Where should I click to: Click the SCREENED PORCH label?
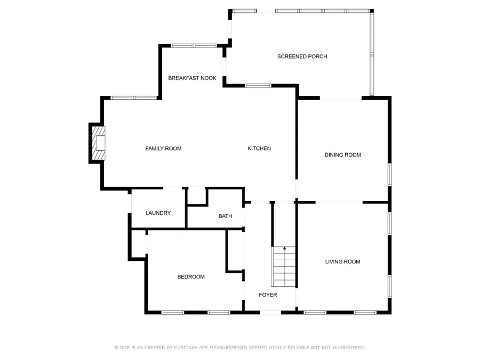(302, 57)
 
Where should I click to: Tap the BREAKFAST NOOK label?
(192, 78)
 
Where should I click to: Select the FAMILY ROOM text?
(163, 148)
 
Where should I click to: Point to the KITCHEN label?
(259, 148)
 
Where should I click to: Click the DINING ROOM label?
(343, 155)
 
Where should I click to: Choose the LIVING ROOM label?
(343, 261)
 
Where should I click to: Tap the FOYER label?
(268, 295)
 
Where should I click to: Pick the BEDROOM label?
(191, 277)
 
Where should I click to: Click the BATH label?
(225, 216)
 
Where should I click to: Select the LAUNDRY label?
(158, 213)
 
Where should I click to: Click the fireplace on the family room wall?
(97, 143)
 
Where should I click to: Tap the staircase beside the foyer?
(284, 267)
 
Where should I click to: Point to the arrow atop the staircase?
(284, 249)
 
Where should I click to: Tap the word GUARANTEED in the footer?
(347, 348)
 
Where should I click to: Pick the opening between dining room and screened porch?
(341, 99)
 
